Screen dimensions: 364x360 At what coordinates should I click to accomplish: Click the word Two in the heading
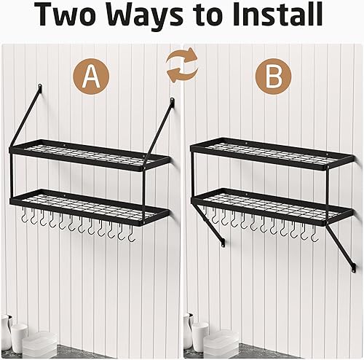pyautogui.click(x=66, y=15)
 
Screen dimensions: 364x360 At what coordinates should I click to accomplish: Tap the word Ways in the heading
pyautogui.click(x=145, y=16)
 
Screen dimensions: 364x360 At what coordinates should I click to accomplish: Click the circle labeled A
pyautogui.click(x=91, y=77)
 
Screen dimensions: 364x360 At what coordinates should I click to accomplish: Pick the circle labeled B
pyautogui.click(x=274, y=76)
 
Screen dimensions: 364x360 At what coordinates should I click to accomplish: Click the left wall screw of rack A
pyautogui.click(x=40, y=87)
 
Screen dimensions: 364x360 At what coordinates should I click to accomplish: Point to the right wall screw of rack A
pyautogui.click(x=172, y=100)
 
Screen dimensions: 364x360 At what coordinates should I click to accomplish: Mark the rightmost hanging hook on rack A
pyautogui.click(x=131, y=234)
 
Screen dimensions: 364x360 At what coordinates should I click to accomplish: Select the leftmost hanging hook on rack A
pyautogui.click(x=24, y=214)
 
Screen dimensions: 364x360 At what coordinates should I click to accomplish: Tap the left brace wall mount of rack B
pyautogui.click(x=223, y=243)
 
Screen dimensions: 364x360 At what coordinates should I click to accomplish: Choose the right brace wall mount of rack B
pyautogui.click(x=355, y=267)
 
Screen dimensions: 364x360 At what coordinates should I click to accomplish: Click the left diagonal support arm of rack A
pyautogui.click(x=25, y=116)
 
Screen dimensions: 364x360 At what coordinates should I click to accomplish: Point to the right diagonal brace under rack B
pyautogui.click(x=341, y=245)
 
